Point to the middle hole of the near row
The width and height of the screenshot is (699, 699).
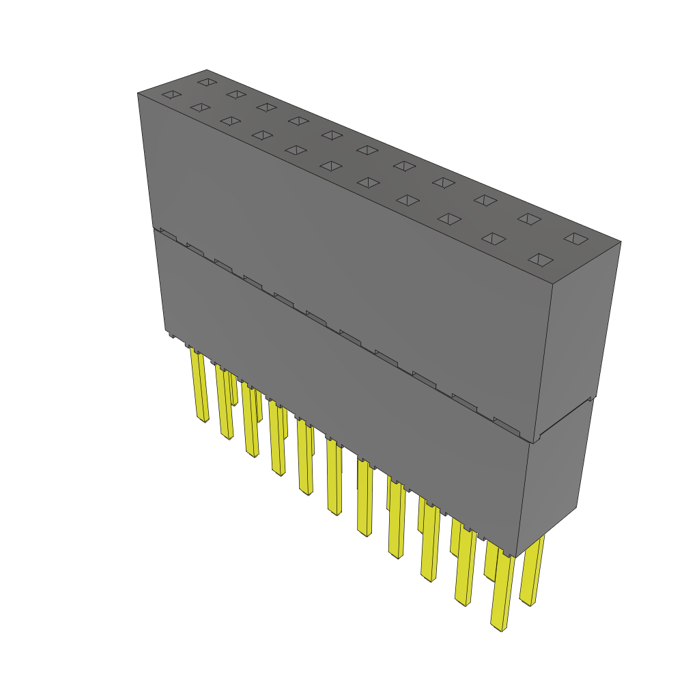[x=331, y=166]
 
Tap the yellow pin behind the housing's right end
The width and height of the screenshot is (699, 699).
[x=532, y=570]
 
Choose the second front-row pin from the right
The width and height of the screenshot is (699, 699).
[x=466, y=567]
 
